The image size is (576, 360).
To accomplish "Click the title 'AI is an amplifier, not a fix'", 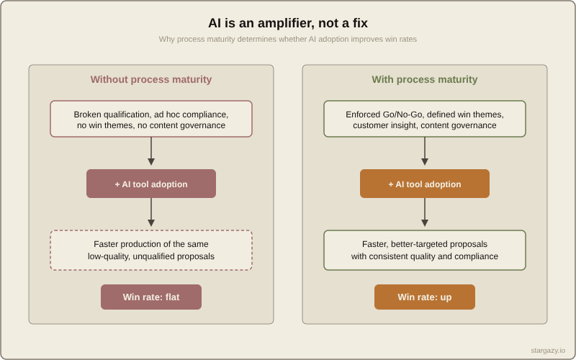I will tap(288, 23).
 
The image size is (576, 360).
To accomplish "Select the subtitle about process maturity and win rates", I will tap(288, 39).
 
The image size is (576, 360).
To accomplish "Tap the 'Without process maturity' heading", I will tap(151, 79).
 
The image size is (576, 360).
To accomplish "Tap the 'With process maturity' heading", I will tap(425, 79).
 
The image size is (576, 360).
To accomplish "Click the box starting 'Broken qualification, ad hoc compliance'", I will tap(151, 119).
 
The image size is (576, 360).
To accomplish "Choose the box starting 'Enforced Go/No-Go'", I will tap(425, 119).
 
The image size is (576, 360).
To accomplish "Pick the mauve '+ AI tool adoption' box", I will tap(151, 184).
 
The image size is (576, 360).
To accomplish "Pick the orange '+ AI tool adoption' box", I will tap(425, 184).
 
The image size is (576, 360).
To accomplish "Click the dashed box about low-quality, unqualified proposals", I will tap(151, 250).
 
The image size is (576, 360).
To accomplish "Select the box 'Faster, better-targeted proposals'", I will tap(425, 250).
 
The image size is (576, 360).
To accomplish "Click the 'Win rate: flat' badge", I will tap(151, 297).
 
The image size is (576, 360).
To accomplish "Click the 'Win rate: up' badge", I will tap(425, 297).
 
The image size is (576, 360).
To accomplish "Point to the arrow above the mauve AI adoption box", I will tap(151, 152).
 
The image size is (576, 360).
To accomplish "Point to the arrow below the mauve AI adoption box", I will tap(151, 213).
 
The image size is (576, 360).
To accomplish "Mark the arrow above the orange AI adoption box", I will tap(425, 152).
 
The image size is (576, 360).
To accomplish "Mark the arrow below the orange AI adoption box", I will tap(425, 213).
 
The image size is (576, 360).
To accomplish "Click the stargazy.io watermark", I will tap(548, 350).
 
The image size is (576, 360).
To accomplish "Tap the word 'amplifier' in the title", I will tap(271, 23).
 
